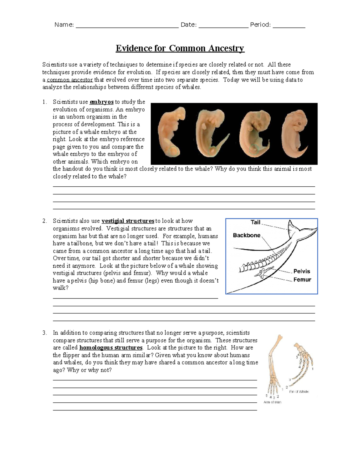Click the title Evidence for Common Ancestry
pyautogui.click(x=180, y=48)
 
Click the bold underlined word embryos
pyautogui.click(x=101, y=102)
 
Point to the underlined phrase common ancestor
pyautogui.click(x=70, y=80)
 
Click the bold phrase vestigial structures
pyautogui.click(x=128, y=221)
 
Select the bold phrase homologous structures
pyautogui.click(x=111, y=348)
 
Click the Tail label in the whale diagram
pyautogui.click(x=255, y=222)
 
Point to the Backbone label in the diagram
pyautogui.click(x=247, y=236)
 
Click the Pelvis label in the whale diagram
pyautogui.click(x=301, y=271)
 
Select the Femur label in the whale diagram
pyautogui.click(x=302, y=280)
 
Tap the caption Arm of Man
pyautogui.click(x=272, y=402)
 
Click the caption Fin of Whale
pyautogui.click(x=299, y=392)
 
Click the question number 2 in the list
pyautogui.click(x=44, y=221)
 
